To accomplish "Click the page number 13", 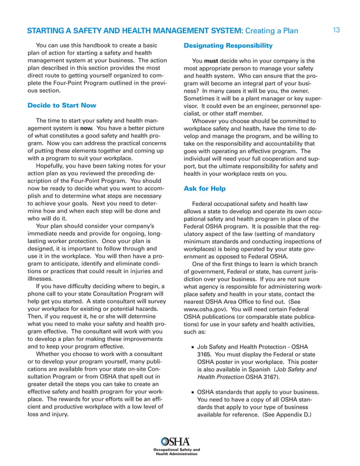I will click(336, 29).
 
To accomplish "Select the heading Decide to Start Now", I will click(62, 105).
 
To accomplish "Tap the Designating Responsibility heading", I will click(228, 45).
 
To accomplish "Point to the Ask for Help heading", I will click(205, 189).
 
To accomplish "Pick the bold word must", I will click(212, 61).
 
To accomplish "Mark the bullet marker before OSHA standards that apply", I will click(192, 392).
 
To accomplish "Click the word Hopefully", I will click(53, 166).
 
